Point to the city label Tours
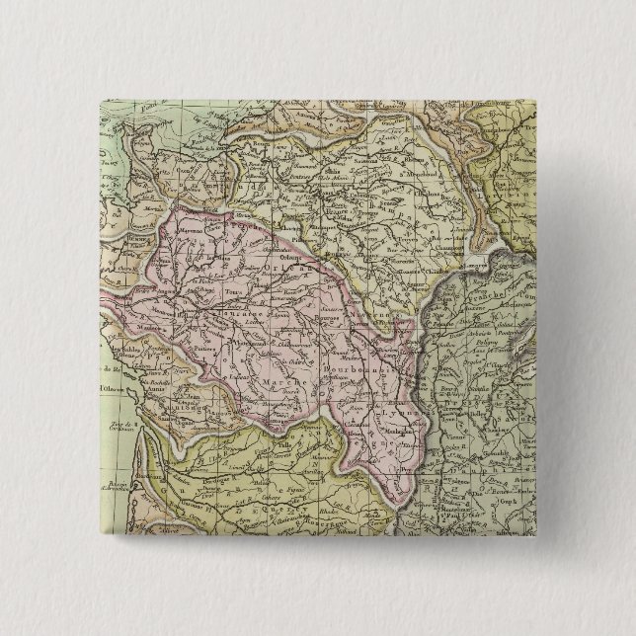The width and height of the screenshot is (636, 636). point(235,292)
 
